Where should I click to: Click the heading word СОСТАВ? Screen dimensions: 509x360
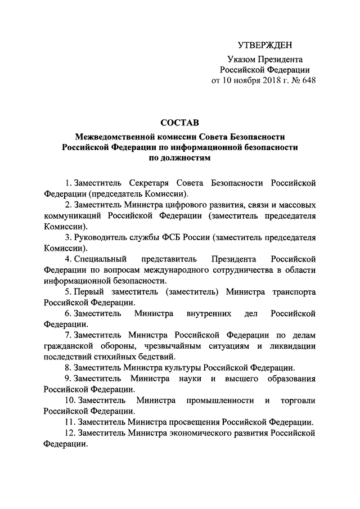(x=179, y=122)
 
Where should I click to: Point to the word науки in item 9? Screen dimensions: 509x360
(x=190, y=378)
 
